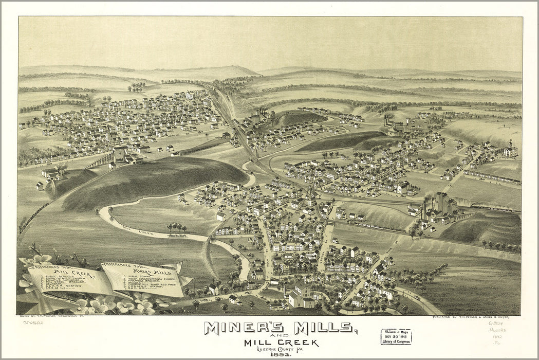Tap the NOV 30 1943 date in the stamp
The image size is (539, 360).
click(396, 337)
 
